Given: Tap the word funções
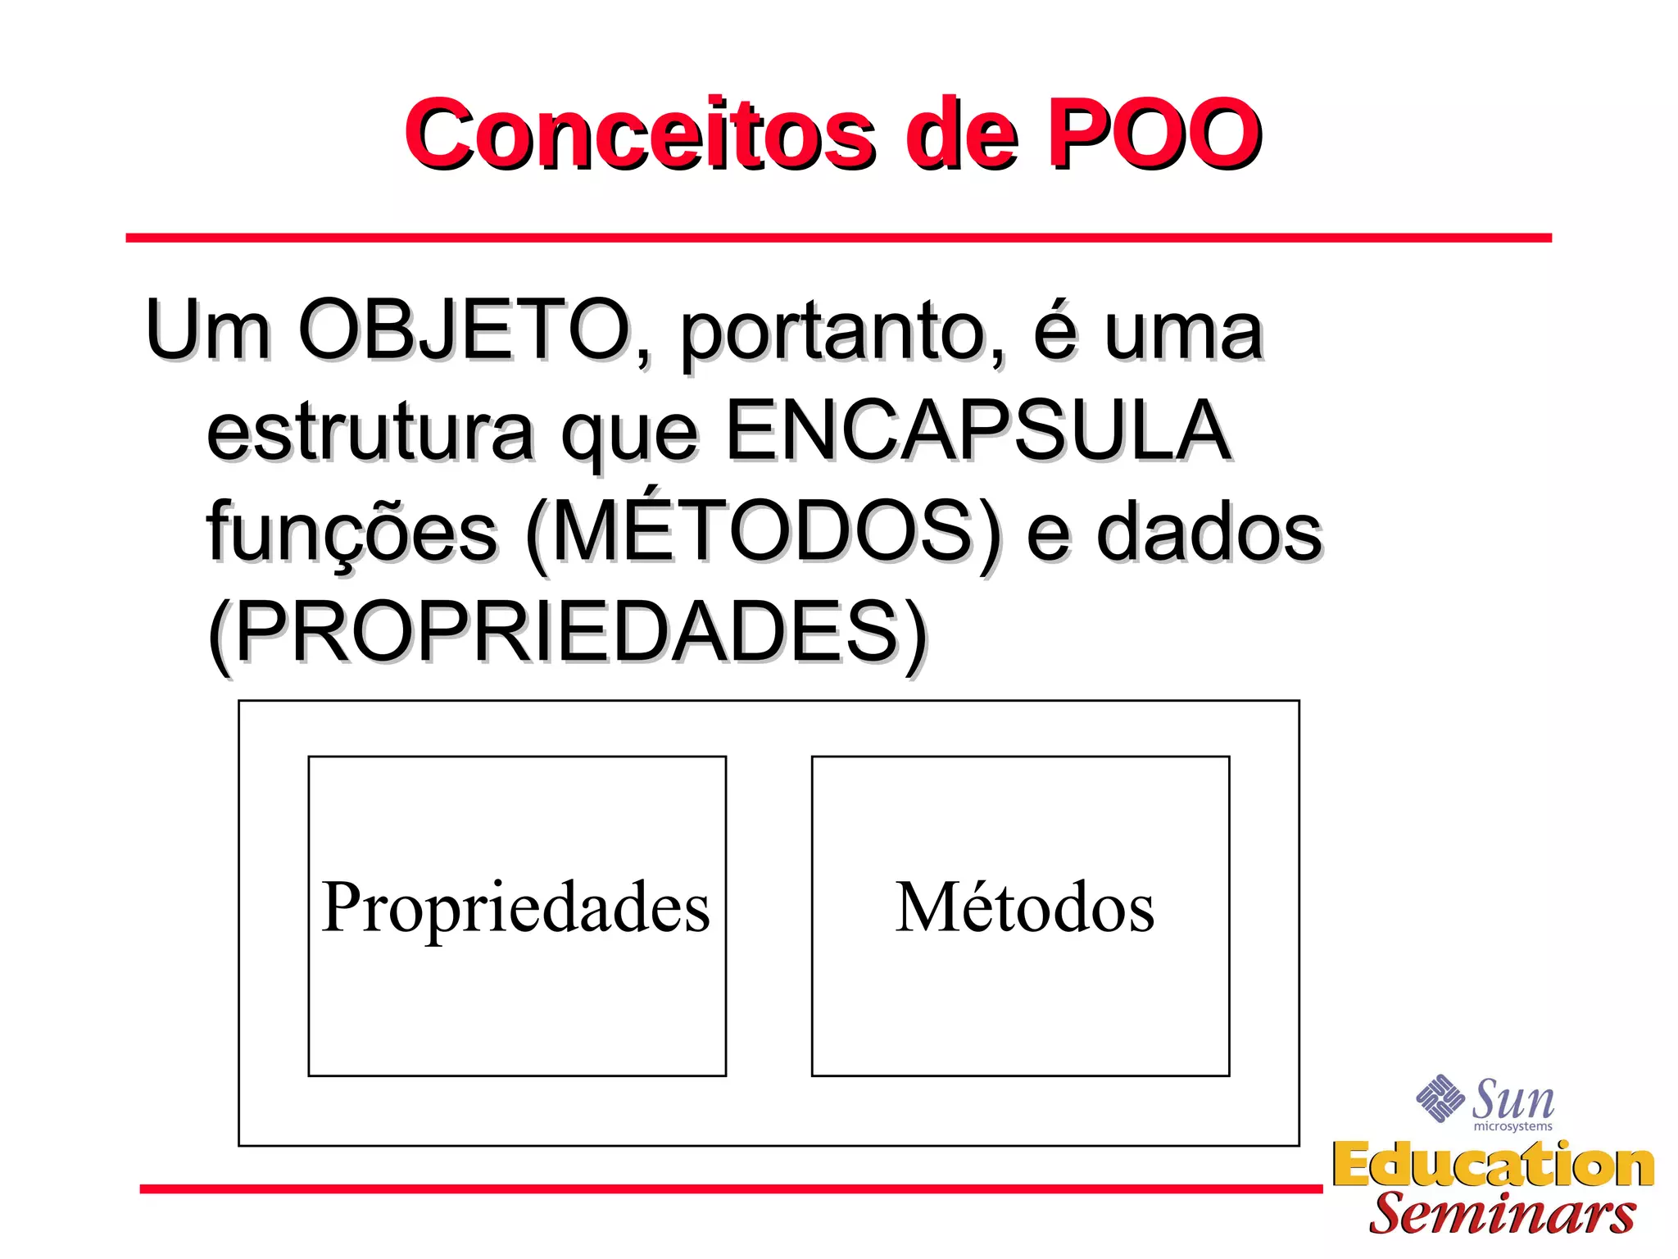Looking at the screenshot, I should click(x=352, y=533).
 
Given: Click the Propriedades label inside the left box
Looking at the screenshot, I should click(x=516, y=908).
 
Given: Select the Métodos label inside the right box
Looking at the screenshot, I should click(x=1024, y=908).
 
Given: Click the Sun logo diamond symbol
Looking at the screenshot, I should click(x=1440, y=1098).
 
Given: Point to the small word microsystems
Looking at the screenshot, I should click(x=1512, y=1127).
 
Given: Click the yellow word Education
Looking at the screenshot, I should click(x=1493, y=1166).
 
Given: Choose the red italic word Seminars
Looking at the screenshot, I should click(x=1502, y=1213).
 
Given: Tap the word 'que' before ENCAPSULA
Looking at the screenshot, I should click(x=629, y=434).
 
